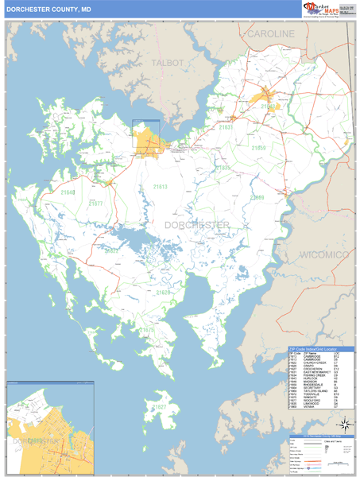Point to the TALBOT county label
click(168, 63)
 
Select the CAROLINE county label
click(270, 34)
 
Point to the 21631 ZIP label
click(226, 127)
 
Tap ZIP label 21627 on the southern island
click(161, 407)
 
